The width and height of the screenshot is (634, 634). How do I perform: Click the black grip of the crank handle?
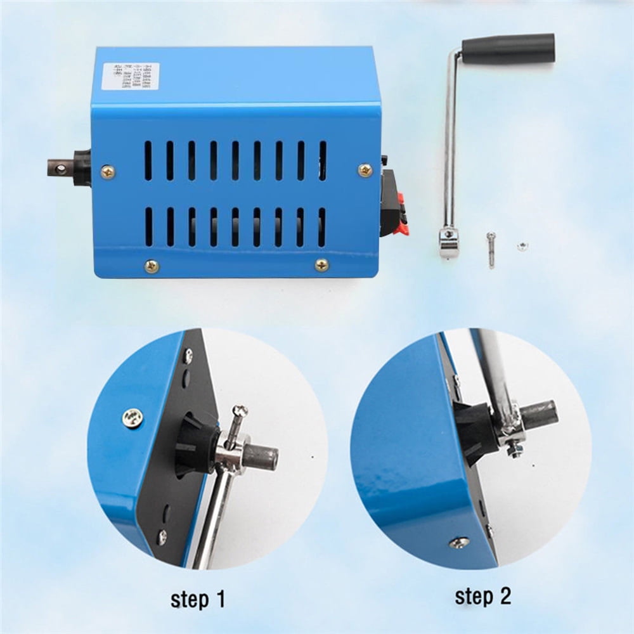[x=508, y=48]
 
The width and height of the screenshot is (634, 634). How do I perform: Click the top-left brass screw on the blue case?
[x=108, y=170]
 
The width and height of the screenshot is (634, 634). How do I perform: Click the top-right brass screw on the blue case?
[x=365, y=169]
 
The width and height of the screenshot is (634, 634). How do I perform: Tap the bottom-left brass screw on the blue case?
[x=151, y=266]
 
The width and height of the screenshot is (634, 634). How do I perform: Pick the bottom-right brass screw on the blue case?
[x=322, y=264]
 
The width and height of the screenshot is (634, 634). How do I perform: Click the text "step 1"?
[x=197, y=598]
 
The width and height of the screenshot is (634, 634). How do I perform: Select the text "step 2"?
[x=482, y=596]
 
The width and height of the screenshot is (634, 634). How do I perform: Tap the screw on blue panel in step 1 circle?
[x=133, y=417]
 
